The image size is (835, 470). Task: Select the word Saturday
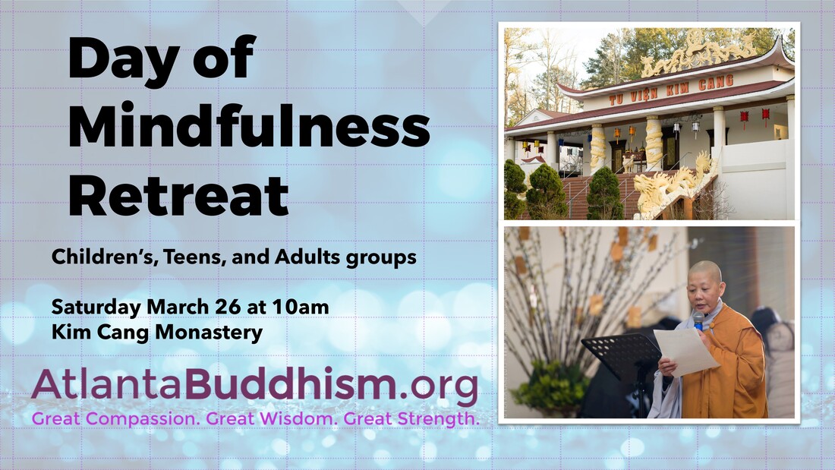95,308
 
